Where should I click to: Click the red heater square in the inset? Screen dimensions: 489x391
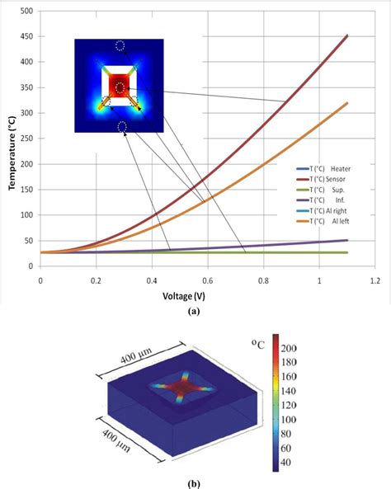[120, 86]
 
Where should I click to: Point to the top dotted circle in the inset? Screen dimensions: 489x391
[120, 46]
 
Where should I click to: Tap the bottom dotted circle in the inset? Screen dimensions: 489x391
[121, 126]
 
